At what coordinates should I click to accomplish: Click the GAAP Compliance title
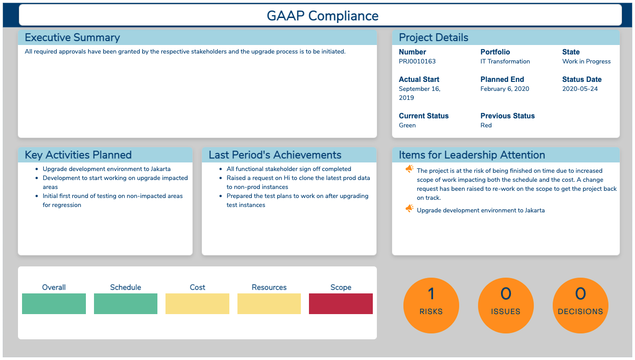[x=322, y=16]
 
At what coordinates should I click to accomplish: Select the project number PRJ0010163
[x=417, y=61]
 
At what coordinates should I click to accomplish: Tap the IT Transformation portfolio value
[x=505, y=61]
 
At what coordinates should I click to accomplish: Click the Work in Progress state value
[x=586, y=62]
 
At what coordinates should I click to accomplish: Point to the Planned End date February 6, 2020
[x=505, y=89]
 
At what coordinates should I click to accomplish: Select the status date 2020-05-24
[x=580, y=89]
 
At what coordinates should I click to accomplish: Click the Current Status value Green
[x=407, y=125]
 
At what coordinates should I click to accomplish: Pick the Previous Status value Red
[x=486, y=125]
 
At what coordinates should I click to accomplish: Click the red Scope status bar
[x=341, y=304]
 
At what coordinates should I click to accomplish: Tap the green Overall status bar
[x=54, y=304]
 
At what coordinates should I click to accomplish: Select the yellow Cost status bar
[x=197, y=304]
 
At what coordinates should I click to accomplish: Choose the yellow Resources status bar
[x=269, y=304]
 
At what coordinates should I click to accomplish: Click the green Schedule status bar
[x=125, y=304]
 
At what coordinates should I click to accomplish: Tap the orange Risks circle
[x=431, y=305]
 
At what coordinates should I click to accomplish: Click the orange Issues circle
[x=506, y=305]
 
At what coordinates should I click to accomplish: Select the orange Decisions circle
[x=580, y=305]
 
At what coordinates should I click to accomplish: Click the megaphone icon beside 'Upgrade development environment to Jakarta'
[x=409, y=208]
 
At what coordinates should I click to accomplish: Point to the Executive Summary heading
[x=72, y=37]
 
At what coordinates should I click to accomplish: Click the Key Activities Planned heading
[x=78, y=155]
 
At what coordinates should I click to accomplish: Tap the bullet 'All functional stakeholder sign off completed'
[x=289, y=169]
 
